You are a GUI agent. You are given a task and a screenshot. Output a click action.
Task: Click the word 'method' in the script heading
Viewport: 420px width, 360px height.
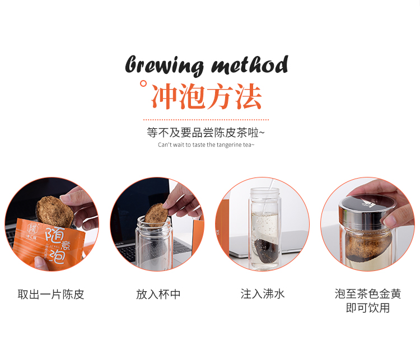pos(250,64)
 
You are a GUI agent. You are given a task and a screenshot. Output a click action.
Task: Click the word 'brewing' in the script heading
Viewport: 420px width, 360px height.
pos(165,66)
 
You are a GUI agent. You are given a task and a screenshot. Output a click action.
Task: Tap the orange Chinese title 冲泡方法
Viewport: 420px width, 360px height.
pos(206,96)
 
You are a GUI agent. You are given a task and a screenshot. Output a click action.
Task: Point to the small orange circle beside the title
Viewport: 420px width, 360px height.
pos(143,83)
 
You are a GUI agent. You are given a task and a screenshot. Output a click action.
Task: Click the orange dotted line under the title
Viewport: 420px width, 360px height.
pos(206,120)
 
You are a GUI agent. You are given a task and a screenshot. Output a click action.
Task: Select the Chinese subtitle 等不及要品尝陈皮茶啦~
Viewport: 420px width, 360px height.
pos(206,133)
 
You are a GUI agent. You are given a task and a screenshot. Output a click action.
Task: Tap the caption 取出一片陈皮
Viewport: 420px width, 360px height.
pos(51,294)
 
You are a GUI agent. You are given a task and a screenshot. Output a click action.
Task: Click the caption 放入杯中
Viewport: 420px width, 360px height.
pos(158,294)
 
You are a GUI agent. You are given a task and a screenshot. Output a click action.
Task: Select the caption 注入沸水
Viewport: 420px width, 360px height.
pos(263,294)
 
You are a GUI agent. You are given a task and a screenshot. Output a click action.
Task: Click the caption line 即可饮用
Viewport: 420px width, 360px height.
pos(368,308)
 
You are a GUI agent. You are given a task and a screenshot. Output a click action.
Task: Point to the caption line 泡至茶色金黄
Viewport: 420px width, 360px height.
pos(368,294)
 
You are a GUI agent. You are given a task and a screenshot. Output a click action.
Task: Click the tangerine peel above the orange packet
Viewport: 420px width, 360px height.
pos(55,211)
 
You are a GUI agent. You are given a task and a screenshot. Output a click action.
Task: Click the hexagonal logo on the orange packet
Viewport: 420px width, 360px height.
pos(32,229)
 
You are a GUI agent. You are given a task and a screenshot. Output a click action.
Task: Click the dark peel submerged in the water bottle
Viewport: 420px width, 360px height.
pos(266,250)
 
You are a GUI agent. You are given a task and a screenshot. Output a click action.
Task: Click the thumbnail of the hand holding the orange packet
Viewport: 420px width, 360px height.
pos(52,224)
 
